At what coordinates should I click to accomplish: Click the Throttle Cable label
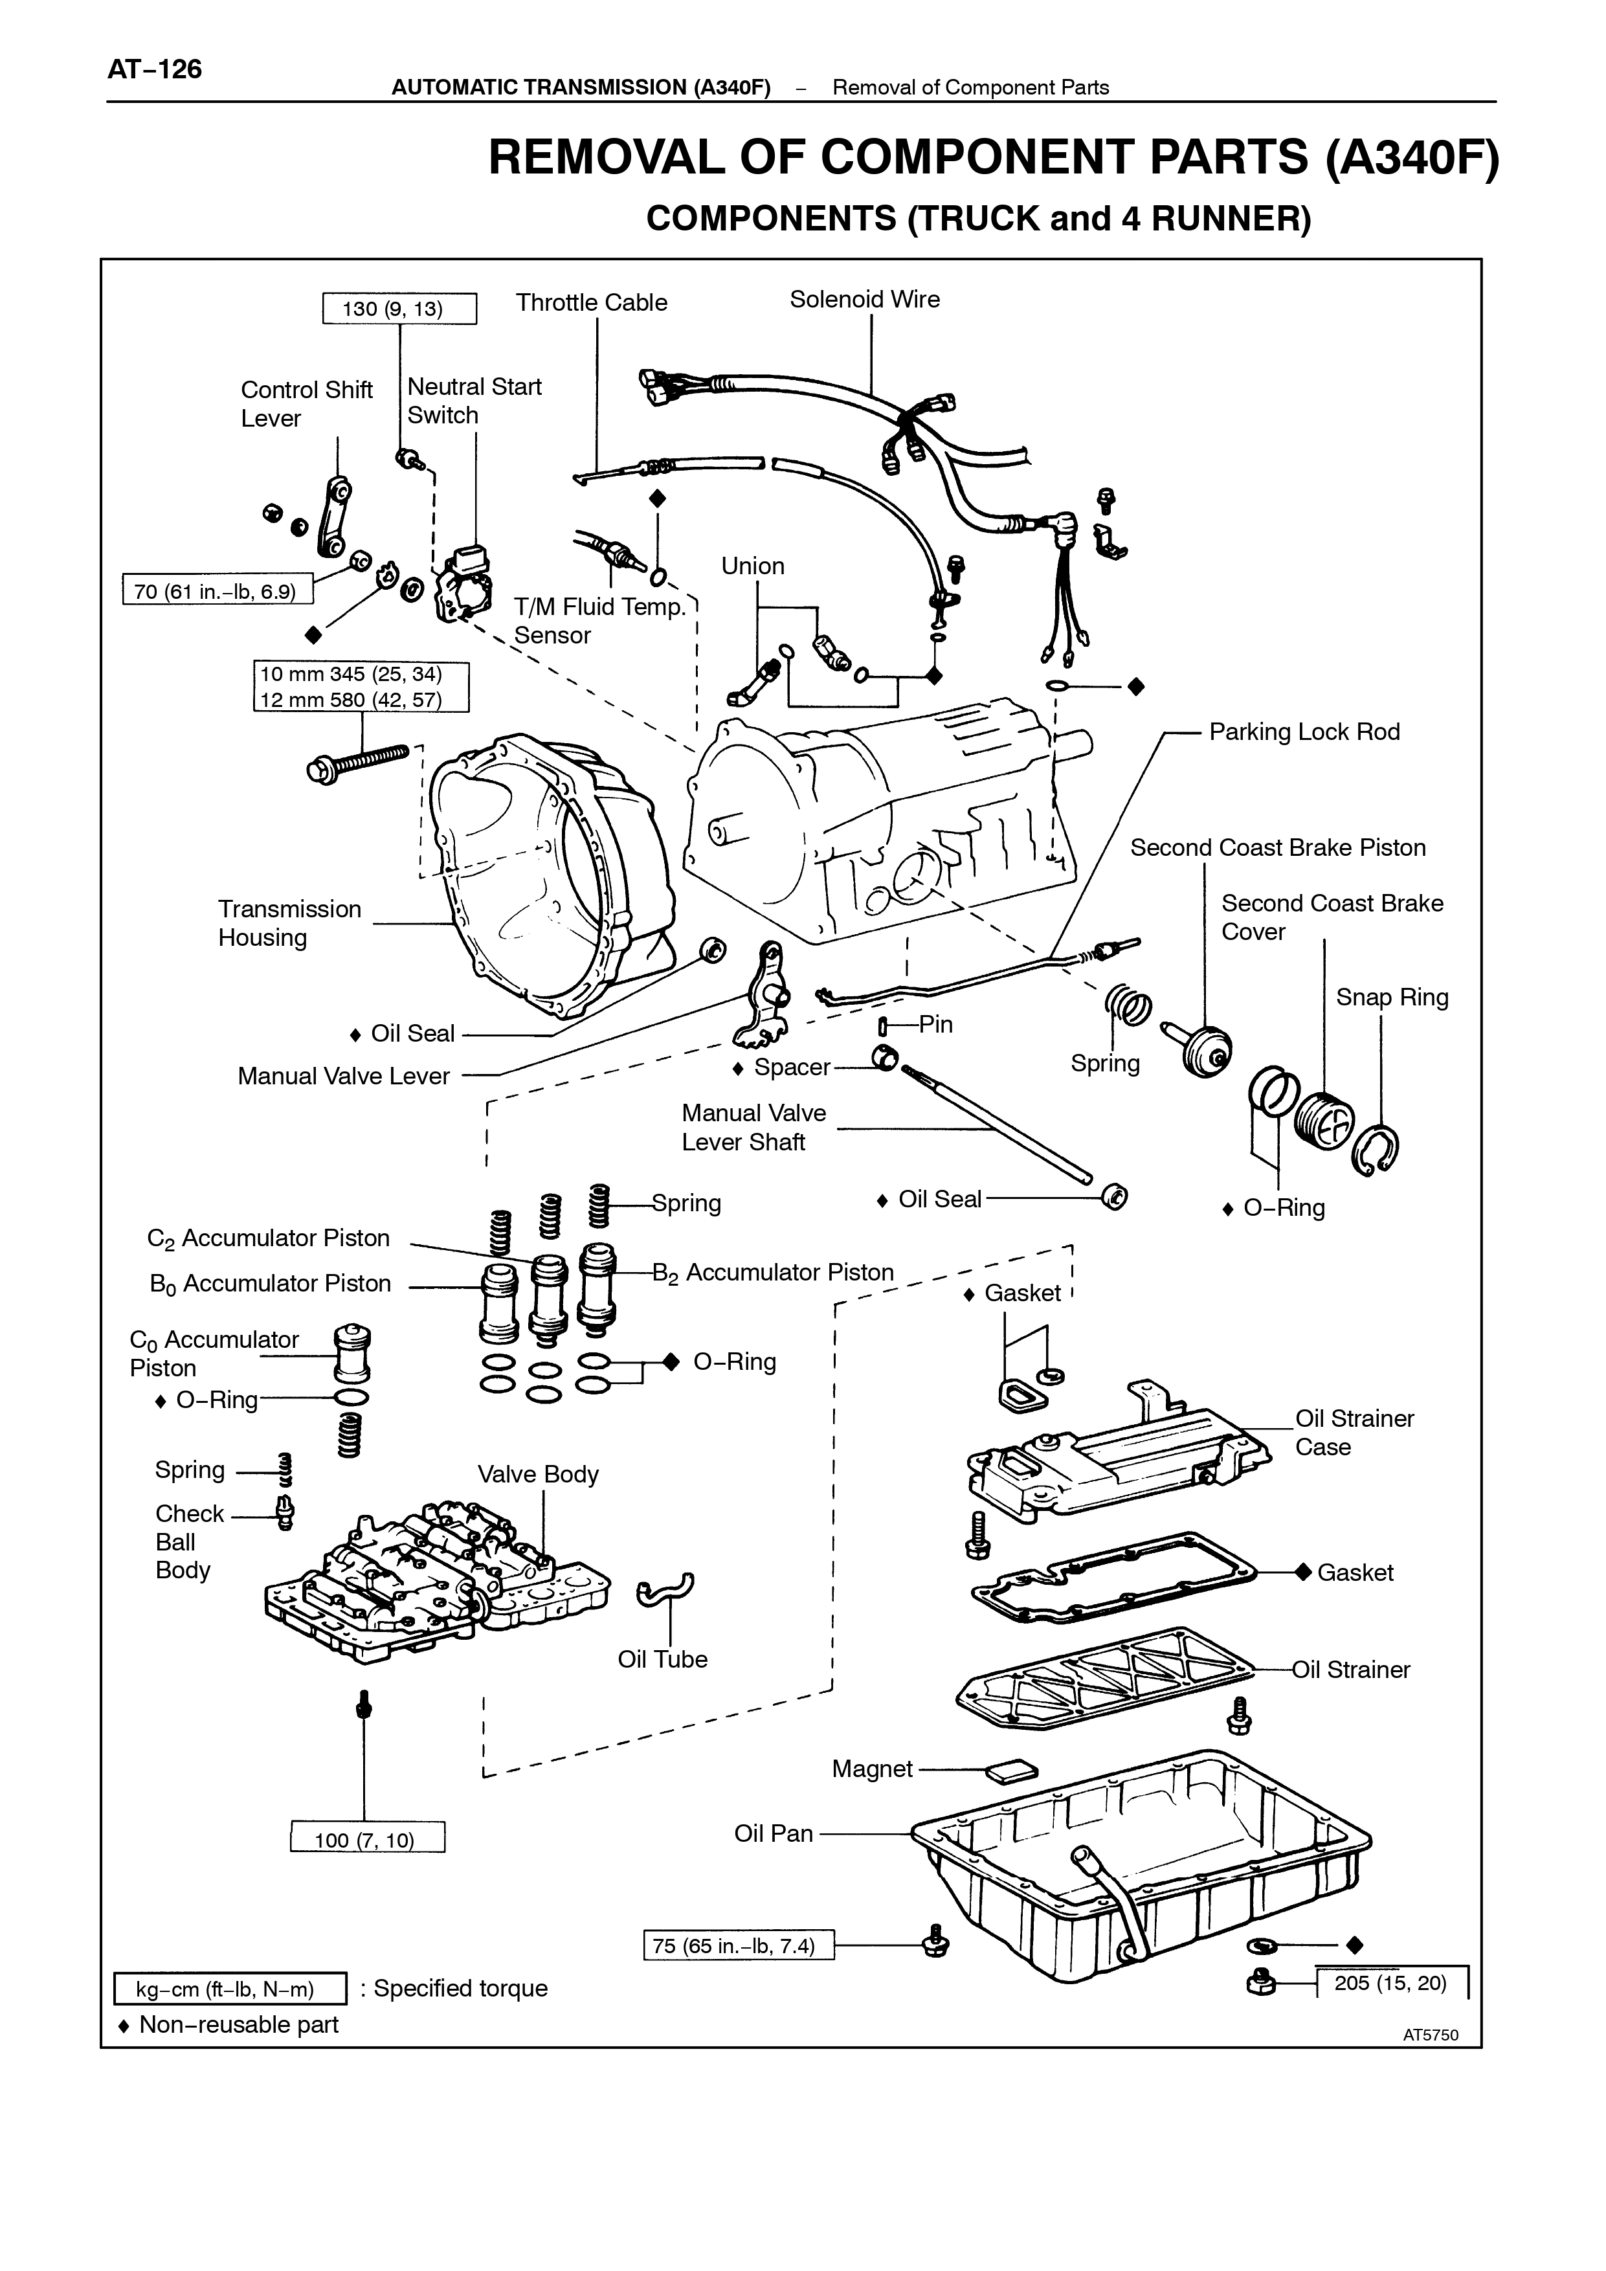click(592, 303)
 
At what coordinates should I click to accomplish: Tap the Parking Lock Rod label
click(1304, 732)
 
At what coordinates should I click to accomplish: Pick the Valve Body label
click(538, 1474)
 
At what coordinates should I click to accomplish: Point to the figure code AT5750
click(1430, 2035)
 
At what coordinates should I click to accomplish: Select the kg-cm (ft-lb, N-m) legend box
click(229, 1988)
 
